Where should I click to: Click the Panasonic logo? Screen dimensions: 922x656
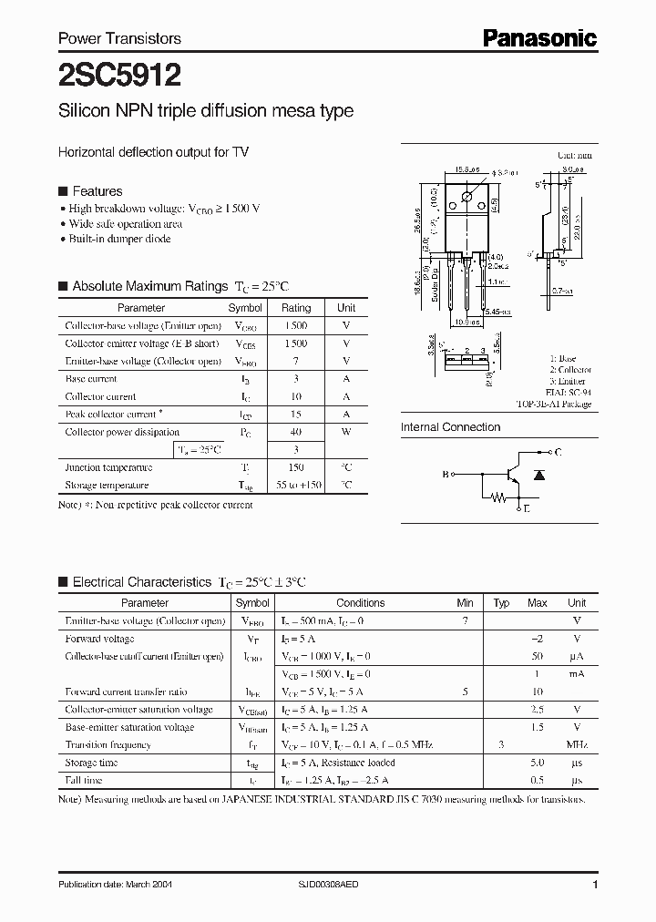click(x=539, y=37)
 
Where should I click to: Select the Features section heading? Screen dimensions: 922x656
click(x=97, y=191)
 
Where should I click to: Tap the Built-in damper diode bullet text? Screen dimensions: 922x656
click(x=119, y=239)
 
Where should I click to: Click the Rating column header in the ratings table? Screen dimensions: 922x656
click(x=296, y=308)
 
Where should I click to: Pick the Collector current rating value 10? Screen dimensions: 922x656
click(x=296, y=396)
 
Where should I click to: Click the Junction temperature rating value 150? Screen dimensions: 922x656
click(x=296, y=467)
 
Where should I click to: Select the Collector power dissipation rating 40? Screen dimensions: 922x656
click(x=296, y=432)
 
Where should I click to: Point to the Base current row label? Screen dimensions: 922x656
click(x=91, y=379)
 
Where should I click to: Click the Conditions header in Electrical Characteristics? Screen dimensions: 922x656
click(x=361, y=602)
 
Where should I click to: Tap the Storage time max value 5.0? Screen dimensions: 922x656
click(x=538, y=763)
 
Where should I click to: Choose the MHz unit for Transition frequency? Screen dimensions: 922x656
click(x=577, y=745)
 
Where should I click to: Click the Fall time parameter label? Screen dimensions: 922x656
click(x=84, y=781)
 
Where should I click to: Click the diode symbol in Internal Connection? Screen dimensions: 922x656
click(x=538, y=475)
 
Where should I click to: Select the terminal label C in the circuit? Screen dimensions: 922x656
click(x=558, y=452)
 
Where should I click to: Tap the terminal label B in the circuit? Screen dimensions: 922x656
click(x=446, y=475)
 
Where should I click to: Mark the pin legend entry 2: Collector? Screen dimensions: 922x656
click(x=570, y=370)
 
